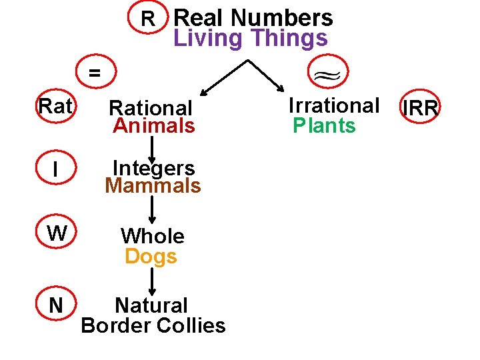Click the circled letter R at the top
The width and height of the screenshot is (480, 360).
coord(149,18)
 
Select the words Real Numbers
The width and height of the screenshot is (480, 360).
coord(253,17)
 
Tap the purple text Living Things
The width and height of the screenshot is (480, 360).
coord(251,38)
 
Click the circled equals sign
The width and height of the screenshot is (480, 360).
coord(95,73)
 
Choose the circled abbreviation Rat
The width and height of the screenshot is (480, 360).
coord(55,106)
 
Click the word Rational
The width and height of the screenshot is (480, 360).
coord(151,107)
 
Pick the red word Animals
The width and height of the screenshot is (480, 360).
coord(154,125)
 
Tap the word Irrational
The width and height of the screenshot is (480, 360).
coord(333,105)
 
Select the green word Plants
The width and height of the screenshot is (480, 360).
coord(325,125)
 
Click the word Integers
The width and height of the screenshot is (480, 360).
coord(153,167)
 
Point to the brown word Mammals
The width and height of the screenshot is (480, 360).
coord(153,185)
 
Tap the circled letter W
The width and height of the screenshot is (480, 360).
coord(57,233)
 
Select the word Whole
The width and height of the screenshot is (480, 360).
coord(152,236)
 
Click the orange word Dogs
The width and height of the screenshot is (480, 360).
coord(151,256)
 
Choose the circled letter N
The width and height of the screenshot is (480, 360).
coord(56,305)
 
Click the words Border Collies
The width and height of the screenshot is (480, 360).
coord(153,325)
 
